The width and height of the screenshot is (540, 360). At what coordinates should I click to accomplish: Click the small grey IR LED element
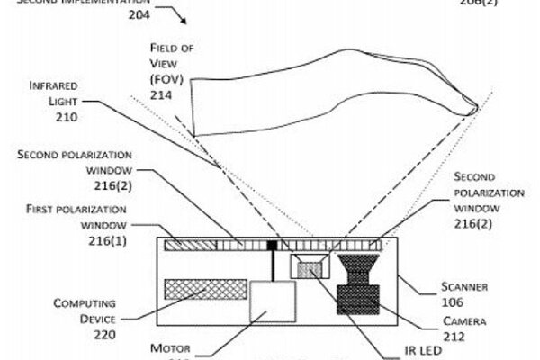[310, 269]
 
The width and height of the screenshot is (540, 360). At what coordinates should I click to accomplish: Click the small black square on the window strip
[272, 243]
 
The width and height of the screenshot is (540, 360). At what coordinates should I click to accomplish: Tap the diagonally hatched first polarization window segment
[185, 244]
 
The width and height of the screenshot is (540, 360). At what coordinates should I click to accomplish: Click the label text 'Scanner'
[465, 286]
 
